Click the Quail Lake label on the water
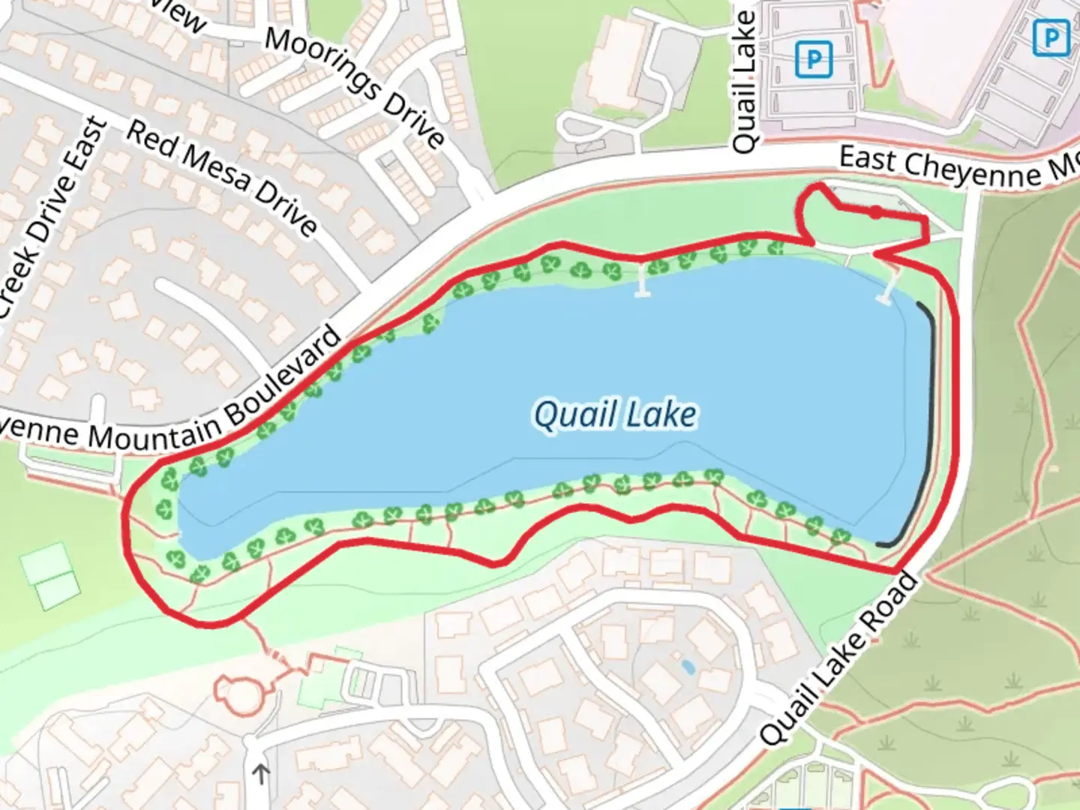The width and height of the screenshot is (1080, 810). point(615,415)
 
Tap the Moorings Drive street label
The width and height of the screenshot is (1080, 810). point(355,86)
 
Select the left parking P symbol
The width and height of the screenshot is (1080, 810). point(814,59)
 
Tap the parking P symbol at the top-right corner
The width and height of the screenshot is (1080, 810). point(1051,37)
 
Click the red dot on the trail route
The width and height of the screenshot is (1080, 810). point(875,212)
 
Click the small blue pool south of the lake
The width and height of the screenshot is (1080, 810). point(686,666)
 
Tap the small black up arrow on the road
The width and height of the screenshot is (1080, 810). point(261,773)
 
